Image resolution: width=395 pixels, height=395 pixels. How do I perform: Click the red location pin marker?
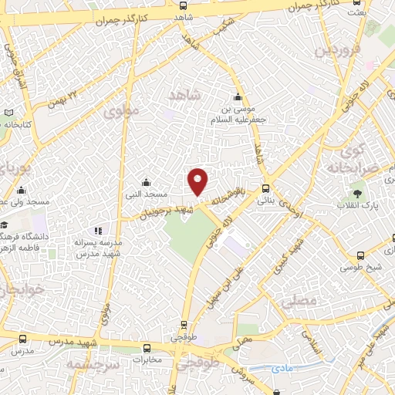[198, 181]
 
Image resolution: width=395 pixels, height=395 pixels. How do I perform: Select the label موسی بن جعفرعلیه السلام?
[238, 115]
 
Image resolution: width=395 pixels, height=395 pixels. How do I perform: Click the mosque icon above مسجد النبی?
[147, 183]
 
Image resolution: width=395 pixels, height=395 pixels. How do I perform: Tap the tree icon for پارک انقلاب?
[356, 194]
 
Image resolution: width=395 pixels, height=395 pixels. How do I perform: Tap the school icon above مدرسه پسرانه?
[98, 230]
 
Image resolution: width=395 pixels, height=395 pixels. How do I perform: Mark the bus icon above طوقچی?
[184, 325]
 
